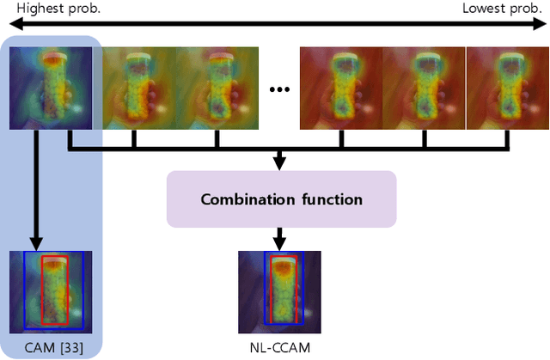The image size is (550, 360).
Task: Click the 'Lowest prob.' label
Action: click(x=502, y=9)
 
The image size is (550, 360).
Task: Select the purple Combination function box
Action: click(x=281, y=198)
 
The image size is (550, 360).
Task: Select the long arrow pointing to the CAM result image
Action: click(x=37, y=189)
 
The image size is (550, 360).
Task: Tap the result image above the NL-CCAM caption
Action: click(x=281, y=290)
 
